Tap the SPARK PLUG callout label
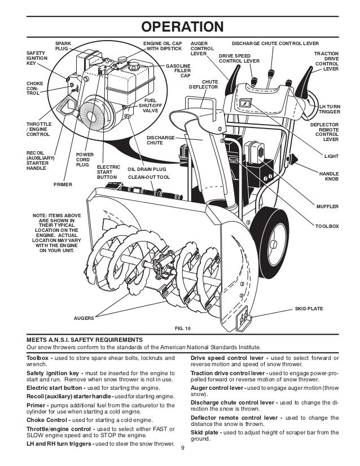coord(62,46)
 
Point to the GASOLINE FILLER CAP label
coord(178,71)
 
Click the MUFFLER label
coord(328,207)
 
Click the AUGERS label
coord(85,319)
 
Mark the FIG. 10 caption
coord(184,328)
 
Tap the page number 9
coord(182,449)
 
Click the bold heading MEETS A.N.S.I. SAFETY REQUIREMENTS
coord(85,340)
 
